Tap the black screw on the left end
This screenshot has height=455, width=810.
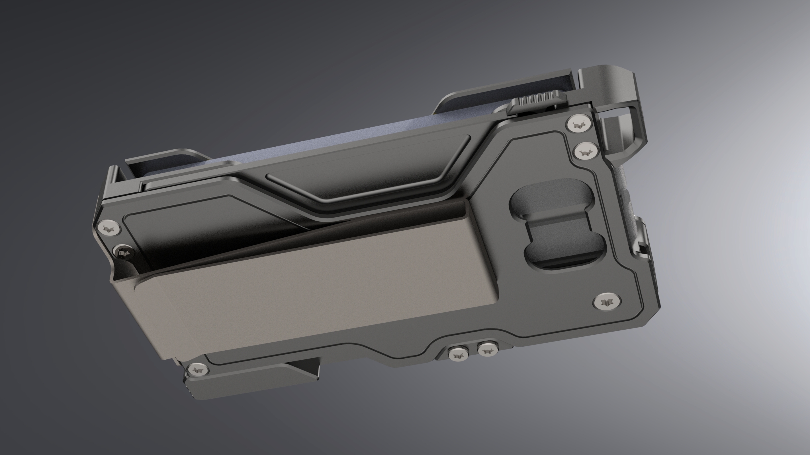click(x=123, y=252)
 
